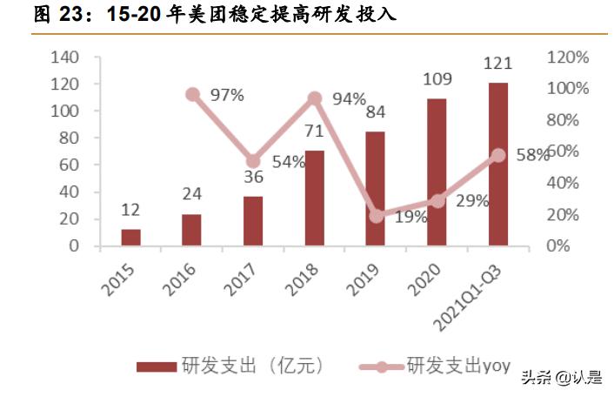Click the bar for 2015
point(130,237)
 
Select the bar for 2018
point(314,198)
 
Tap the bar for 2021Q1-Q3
point(497,164)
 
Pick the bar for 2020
point(437,172)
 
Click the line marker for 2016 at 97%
point(192,94)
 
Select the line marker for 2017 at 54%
point(253,161)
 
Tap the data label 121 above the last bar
point(497,64)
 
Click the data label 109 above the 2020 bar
point(437,80)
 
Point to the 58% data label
point(531,154)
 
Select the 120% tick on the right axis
point(568,57)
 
